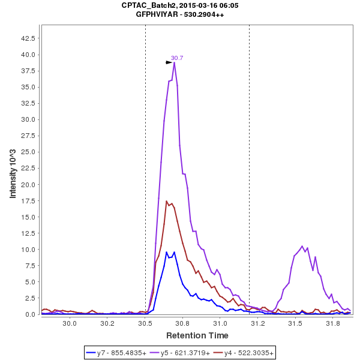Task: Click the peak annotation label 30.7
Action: click(x=177, y=58)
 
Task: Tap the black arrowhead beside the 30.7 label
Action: click(x=169, y=62)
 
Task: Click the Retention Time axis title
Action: click(x=197, y=335)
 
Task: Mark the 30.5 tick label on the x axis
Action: click(x=145, y=323)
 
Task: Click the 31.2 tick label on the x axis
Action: click(x=257, y=323)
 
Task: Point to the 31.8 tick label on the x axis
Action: click(x=332, y=323)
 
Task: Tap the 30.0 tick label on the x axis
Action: click(x=70, y=323)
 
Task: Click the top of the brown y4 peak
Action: click(x=166, y=201)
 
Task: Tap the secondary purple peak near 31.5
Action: click(x=302, y=246)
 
